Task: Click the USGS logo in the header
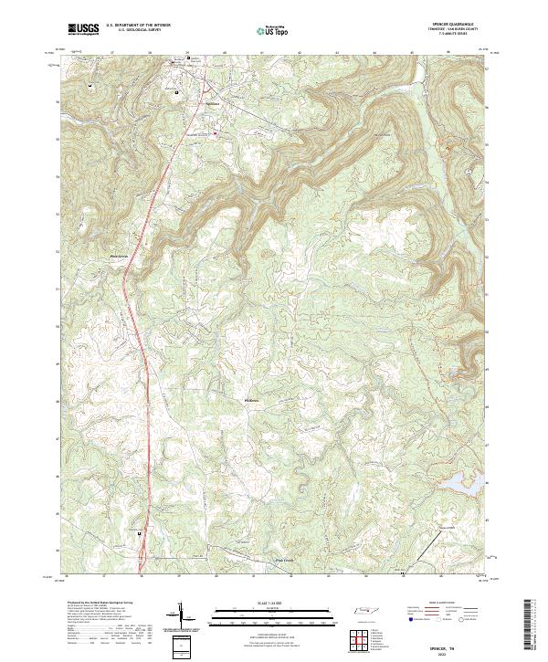click(x=83, y=29)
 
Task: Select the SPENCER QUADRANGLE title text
click(x=458, y=25)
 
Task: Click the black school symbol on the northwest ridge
click(x=90, y=86)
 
